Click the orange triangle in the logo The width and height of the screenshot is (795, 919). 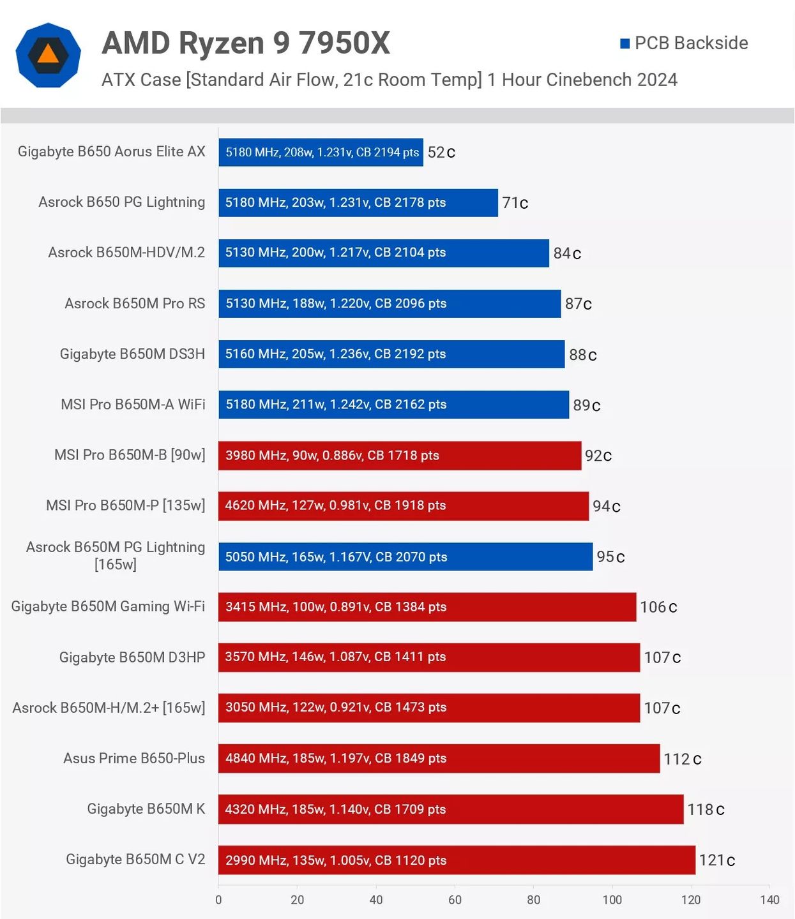(x=48, y=54)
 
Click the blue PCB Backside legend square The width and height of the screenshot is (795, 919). (x=625, y=43)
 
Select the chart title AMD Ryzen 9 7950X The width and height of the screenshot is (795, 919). (x=246, y=43)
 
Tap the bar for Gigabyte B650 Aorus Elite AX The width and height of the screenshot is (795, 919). (x=321, y=152)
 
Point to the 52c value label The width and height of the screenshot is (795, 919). (x=441, y=153)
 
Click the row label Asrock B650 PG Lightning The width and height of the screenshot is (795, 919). (x=122, y=202)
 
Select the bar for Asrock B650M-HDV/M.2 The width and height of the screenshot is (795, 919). (x=384, y=253)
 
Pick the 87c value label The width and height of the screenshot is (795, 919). (x=579, y=304)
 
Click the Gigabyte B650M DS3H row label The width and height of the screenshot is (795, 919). (x=133, y=354)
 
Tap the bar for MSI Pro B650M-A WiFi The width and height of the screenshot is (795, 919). (x=394, y=405)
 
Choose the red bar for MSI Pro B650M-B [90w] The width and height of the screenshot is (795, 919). (x=400, y=455)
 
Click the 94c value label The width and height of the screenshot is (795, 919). (x=607, y=506)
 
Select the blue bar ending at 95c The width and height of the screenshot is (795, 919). (x=405, y=557)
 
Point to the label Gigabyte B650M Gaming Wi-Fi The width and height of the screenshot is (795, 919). (x=108, y=606)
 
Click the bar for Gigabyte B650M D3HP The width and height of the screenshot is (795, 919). (x=429, y=657)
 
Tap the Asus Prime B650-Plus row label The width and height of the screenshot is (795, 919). (x=134, y=758)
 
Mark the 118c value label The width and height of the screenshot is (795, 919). (x=706, y=809)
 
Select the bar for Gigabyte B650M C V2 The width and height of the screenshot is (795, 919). (x=457, y=860)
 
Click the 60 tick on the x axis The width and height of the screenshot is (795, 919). (x=455, y=900)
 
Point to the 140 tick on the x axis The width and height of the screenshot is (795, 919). (x=769, y=900)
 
